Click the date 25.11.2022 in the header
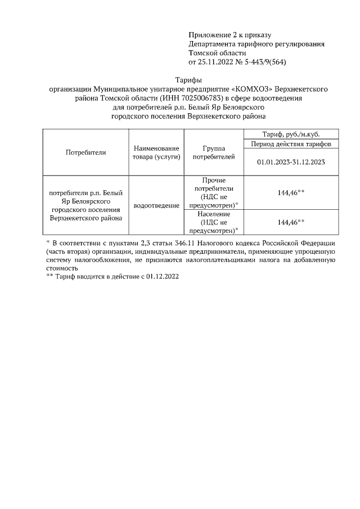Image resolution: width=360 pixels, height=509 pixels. [216, 62]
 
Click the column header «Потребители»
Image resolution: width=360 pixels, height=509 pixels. [85, 152]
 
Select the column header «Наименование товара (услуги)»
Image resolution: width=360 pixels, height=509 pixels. [156, 152]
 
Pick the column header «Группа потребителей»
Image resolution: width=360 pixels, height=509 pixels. [213, 152]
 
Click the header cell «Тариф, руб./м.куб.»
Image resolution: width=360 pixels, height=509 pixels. [291, 134]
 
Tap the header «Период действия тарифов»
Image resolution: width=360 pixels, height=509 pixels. [291, 144]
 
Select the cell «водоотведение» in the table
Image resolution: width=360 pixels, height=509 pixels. [156, 206]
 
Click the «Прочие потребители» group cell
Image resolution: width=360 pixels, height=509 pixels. [213, 192]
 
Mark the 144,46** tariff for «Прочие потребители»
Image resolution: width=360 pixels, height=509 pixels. [291, 192]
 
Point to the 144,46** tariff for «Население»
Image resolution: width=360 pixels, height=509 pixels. [291, 222]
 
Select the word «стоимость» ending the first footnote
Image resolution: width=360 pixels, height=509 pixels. [62, 269]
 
